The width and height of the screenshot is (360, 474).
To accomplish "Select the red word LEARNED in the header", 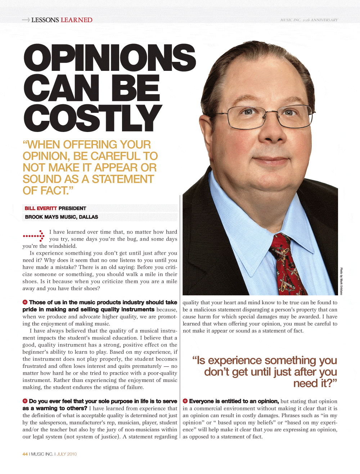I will pyautogui.click(x=77, y=20).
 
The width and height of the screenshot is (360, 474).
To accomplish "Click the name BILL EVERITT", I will pyautogui.click(x=41, y=208).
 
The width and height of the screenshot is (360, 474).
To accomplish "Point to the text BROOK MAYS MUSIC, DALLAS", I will pyautogui.click(x=61, y=217).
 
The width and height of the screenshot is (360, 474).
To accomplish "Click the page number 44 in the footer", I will pyautogui.click(x=25, y=454).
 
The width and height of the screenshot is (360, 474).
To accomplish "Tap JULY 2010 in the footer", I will pyautogui.click(x=67, y=454).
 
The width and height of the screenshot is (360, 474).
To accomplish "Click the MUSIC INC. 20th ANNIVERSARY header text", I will pyautogui.click(x=309, y=20).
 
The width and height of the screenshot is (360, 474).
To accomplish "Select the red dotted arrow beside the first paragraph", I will pyautogui.click(x=33, y=236).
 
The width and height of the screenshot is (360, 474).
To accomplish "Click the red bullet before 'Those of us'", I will pyautogui.click(x=25, y=302).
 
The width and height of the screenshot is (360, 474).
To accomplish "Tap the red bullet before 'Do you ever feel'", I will pyautogui.click(x=25, y=401).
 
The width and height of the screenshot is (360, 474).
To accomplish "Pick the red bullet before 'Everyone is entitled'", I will pyautogui.click(x=185, y=401).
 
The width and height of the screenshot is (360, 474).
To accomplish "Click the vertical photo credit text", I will pyautogui.click(x=341, y=281).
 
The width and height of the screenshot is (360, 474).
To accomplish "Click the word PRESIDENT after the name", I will pyautogui.click(x=72, y=208).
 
